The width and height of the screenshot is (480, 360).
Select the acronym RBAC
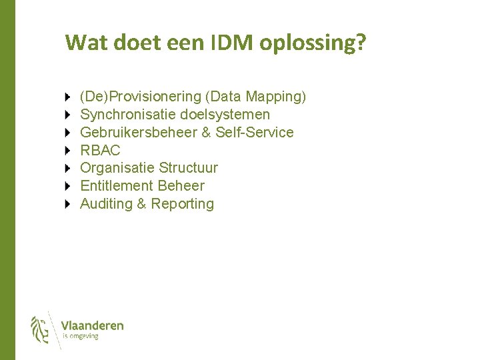(100, 151)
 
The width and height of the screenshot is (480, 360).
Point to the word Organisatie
(117, 168)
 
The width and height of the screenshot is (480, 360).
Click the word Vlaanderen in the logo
(92, 325)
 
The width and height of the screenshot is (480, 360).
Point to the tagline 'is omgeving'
(80, 337)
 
